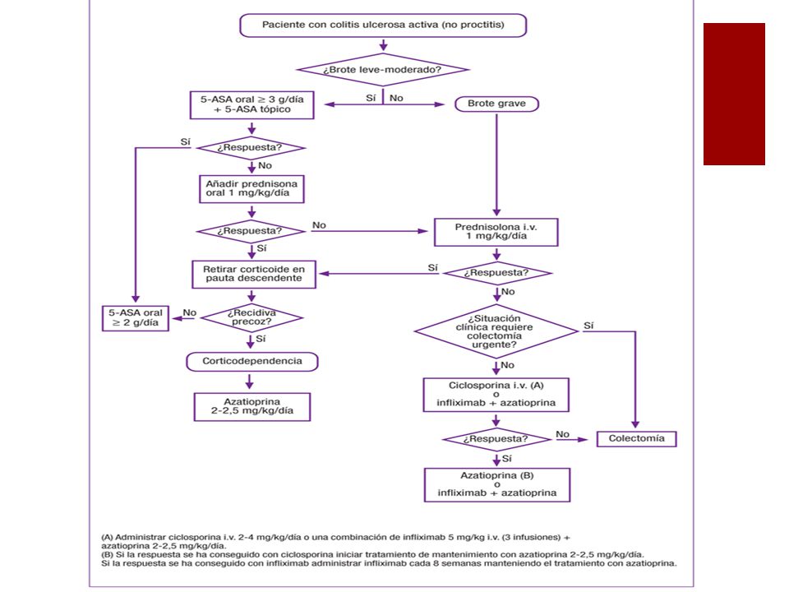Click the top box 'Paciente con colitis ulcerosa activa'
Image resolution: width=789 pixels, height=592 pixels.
coord(383,25)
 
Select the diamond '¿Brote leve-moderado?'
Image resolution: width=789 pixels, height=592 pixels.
coord(383,70)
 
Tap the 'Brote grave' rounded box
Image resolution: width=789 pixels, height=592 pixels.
coord(496,104)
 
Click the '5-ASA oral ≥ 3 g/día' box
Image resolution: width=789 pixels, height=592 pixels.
coord(251,104)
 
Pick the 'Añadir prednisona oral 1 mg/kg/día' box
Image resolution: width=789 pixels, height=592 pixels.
coord(251,189)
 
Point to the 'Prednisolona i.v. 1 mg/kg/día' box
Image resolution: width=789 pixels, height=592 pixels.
coord(496,232)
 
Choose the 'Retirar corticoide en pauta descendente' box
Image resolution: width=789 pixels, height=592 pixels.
coord(254,275)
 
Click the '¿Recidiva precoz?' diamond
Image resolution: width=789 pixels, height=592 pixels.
coord(251,317)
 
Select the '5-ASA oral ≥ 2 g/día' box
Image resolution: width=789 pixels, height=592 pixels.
coord(136,318)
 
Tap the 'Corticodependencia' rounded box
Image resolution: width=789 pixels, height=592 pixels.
coord(252,362)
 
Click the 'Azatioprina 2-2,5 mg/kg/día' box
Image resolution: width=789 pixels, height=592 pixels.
coord(252,407)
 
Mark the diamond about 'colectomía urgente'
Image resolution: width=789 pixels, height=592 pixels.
coord(496,331)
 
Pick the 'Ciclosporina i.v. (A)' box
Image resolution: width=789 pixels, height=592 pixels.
coord(496,395)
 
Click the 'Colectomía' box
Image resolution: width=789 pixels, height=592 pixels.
coord(636,438)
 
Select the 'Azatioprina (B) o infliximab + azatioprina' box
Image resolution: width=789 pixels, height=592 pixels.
coord(497,485)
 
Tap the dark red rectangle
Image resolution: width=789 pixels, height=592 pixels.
coord(734,94)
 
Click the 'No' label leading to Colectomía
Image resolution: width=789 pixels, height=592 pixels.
coord(562,434)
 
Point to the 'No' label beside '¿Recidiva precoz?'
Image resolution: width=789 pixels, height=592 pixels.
coord(190,312)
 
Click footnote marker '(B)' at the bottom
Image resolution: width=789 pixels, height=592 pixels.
coord(107,555)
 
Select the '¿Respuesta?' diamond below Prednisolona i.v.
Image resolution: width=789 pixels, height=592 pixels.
coord(497,273)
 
